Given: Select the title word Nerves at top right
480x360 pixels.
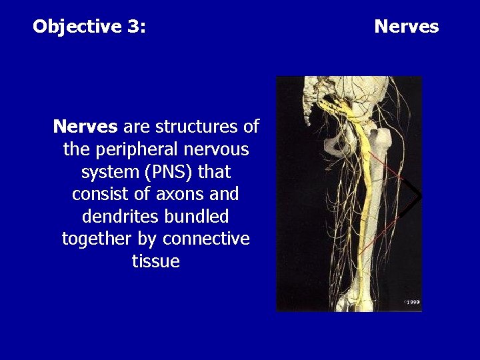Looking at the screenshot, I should point(406,27).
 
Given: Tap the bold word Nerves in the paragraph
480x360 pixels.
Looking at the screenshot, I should point(85,127).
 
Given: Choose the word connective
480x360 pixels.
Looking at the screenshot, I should point(206,239).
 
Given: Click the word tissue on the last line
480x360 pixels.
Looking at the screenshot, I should point(156,261).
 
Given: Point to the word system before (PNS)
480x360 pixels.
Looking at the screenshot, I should point(107,172).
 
